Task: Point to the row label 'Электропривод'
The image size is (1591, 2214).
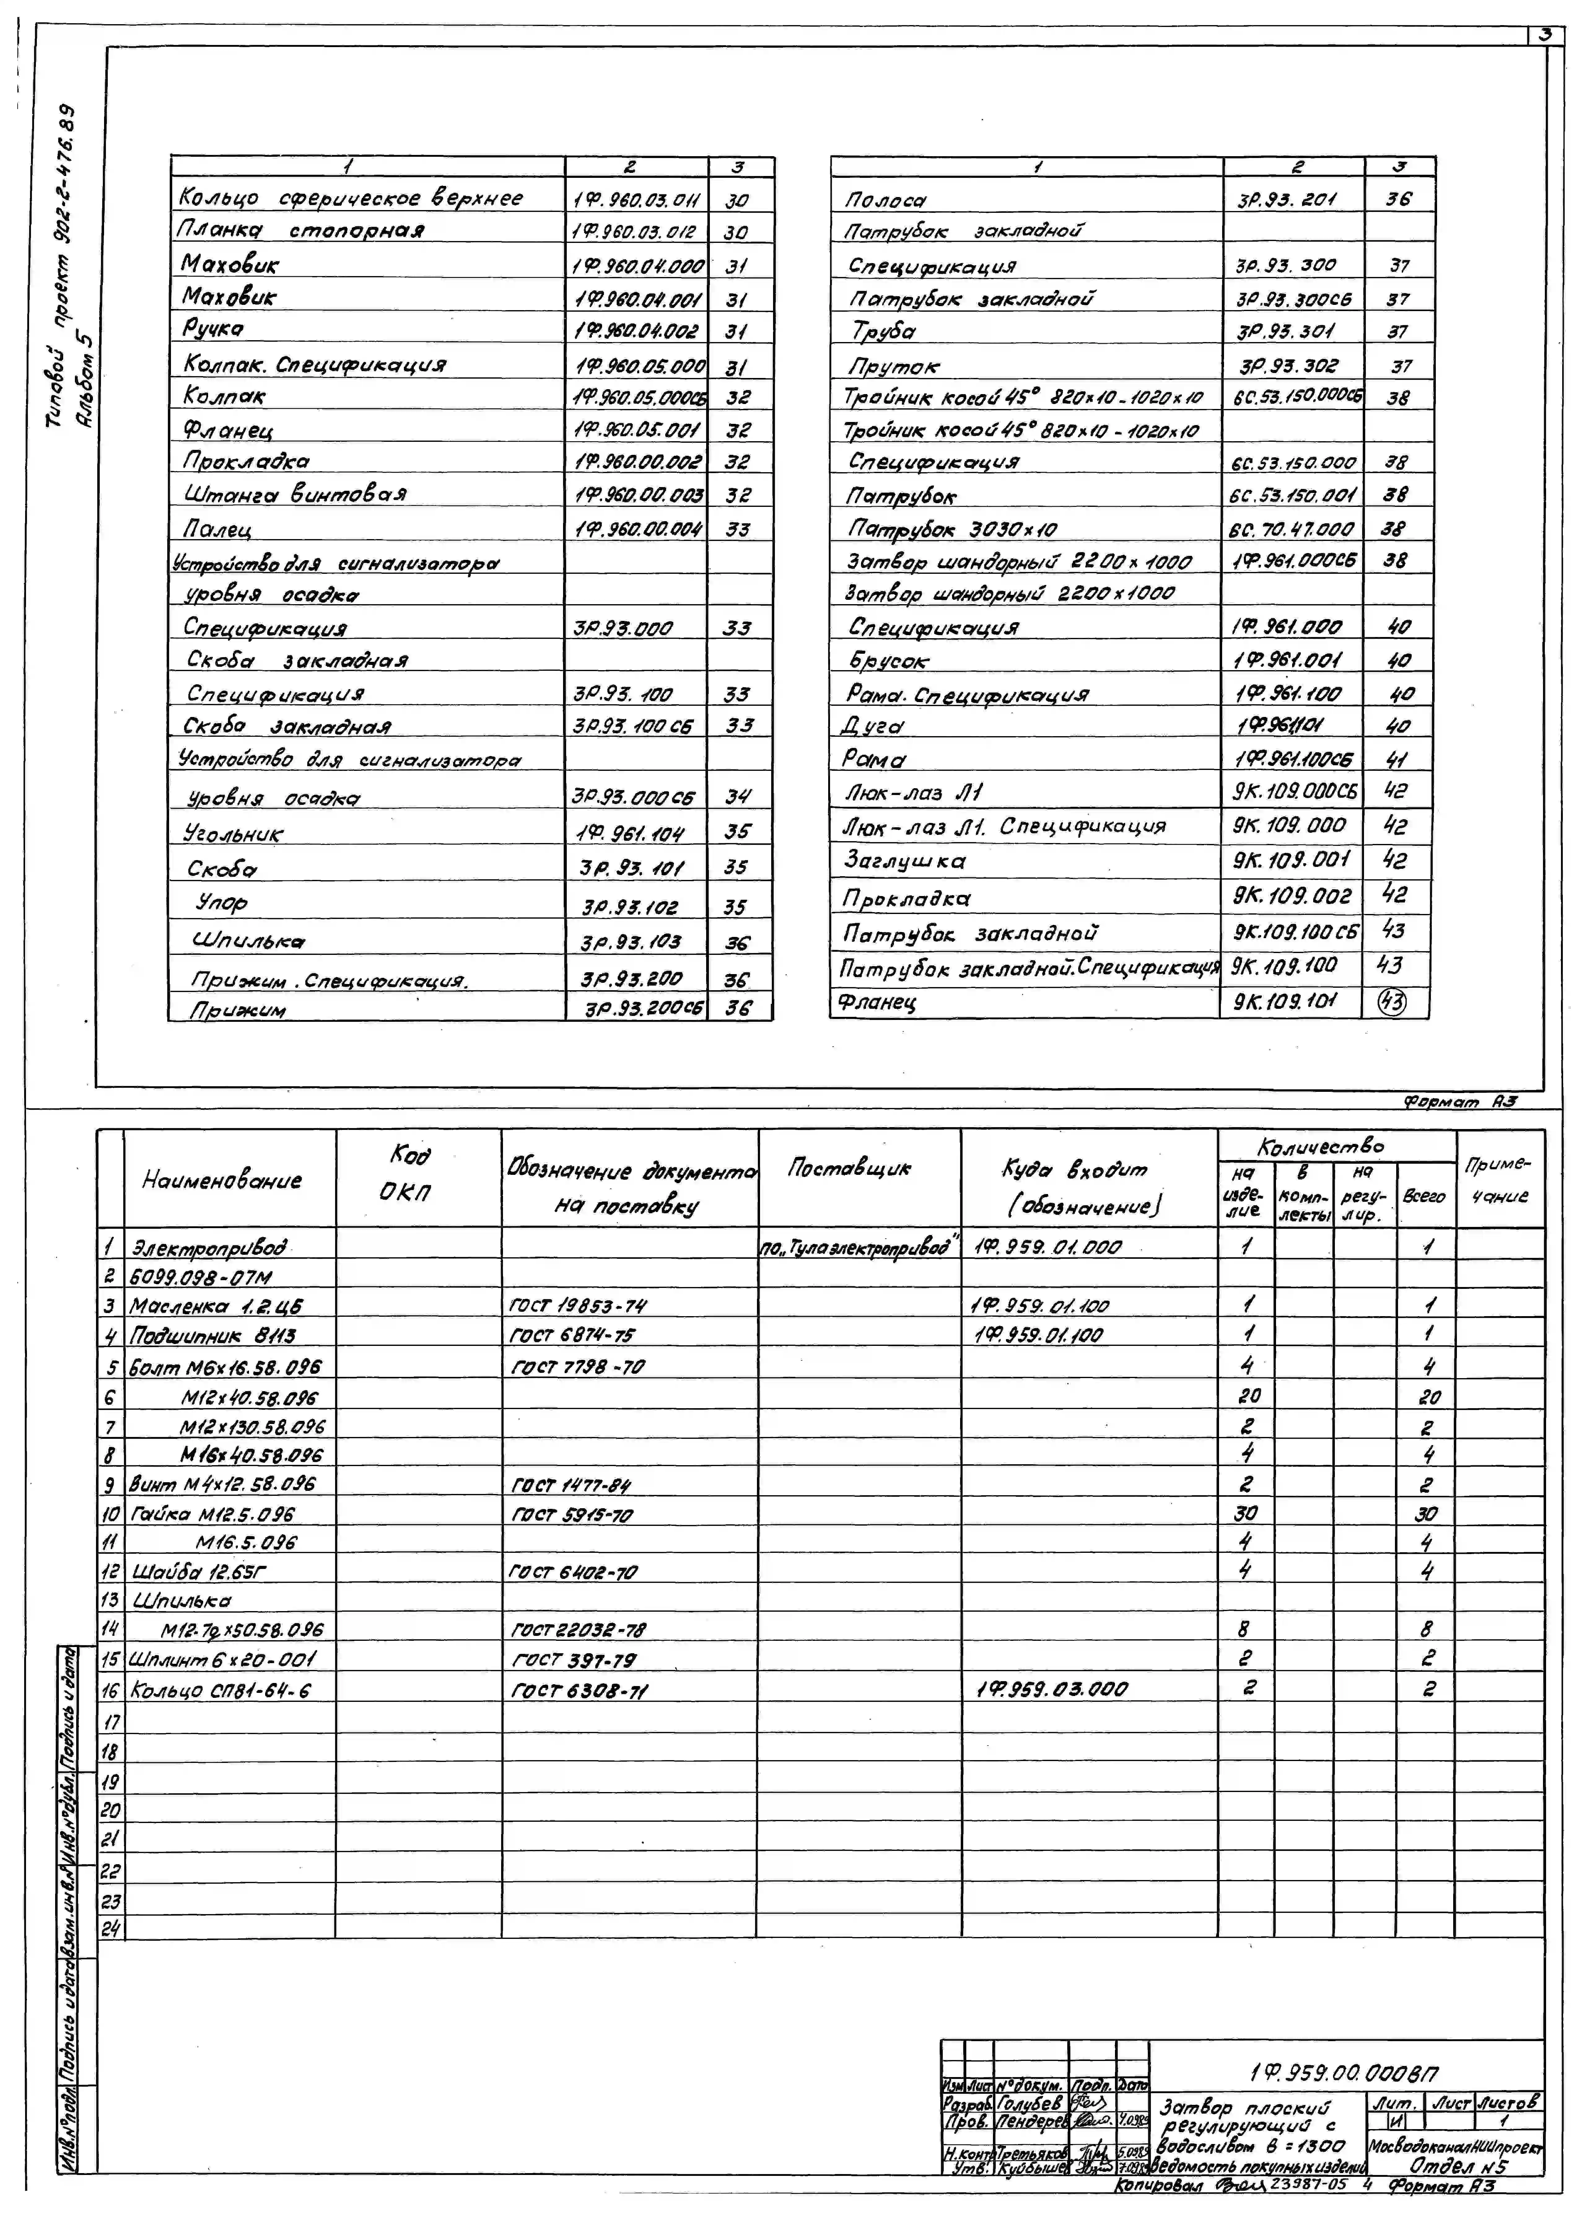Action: pos(210,1248)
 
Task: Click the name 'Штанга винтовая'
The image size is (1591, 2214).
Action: pos(295,494)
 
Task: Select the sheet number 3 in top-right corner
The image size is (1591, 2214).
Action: pos(1545,35)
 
